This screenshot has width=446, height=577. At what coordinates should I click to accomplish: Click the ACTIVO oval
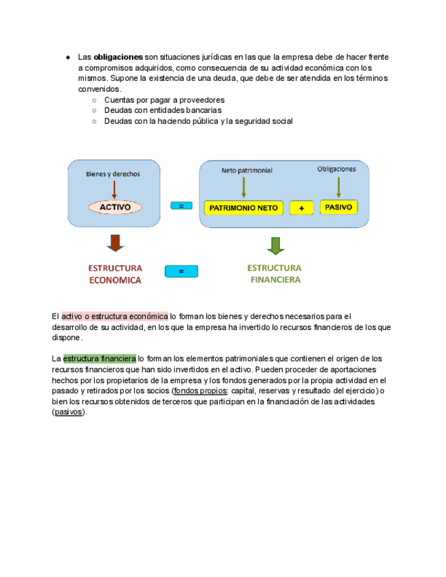pyautogui.click(x=115, y=207)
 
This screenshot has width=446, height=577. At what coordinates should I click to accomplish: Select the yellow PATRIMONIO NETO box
pyautogui.click(x=244, y=208)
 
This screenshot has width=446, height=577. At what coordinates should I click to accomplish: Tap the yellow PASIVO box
pyautogui.click(x=338, y=207)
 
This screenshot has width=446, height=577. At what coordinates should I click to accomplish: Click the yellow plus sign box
pyautogui.click(x=301, y=208)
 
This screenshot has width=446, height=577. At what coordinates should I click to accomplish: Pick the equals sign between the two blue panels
pyautogui.click(x=181, y=205)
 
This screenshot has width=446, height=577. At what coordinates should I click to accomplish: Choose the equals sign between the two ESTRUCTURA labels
pyautogui.click(x=181, y=271)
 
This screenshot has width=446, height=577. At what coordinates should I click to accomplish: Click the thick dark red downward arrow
pyautogui.click(x=115, y=243)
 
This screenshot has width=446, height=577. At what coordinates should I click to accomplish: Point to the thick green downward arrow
pyautogui.click(x=275, y=244)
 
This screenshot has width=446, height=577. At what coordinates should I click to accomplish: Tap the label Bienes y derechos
pyautogui.click(x=113, y=174)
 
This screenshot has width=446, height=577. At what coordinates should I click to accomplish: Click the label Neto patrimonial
pyautogui.click(x=246, y=170)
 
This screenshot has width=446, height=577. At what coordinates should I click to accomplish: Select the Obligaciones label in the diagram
pyautogui.click(x=336, y=169)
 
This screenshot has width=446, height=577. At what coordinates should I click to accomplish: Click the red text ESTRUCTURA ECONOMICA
pyautogui.click(x=114, y=274)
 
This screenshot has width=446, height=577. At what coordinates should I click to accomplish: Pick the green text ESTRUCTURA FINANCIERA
pyautogui.click(x=274, y=274)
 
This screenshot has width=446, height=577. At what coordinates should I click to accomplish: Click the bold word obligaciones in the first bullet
pyautogui.click(x=118, y=58)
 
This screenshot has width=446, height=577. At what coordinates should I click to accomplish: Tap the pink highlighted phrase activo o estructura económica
pyautogui.click(x=114, y=316)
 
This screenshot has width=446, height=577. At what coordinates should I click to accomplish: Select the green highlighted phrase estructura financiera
pyautogui.click(x=99, y=358)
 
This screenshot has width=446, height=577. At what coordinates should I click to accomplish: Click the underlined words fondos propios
pyautogui.click(x=200, y=391)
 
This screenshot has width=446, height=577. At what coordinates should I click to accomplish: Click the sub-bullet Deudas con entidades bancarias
pyautogui.click(x=163, y=110)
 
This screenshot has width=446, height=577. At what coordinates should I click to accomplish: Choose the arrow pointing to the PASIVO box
pyautogui.click(x=338, y=186)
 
